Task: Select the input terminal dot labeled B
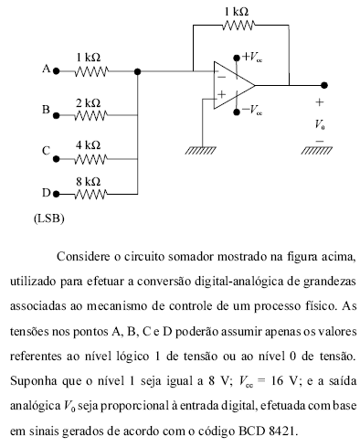click(56, 114)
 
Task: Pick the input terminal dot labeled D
click(56, 193)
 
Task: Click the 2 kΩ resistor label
click(88, 102)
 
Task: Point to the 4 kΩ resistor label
click(88, 144)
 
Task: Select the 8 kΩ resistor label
click(88, 182)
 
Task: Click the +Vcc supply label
click(249, 56)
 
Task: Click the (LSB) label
click(48, 219)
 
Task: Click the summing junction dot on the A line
click(137, 70)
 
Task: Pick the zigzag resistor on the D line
click(93, 193)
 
